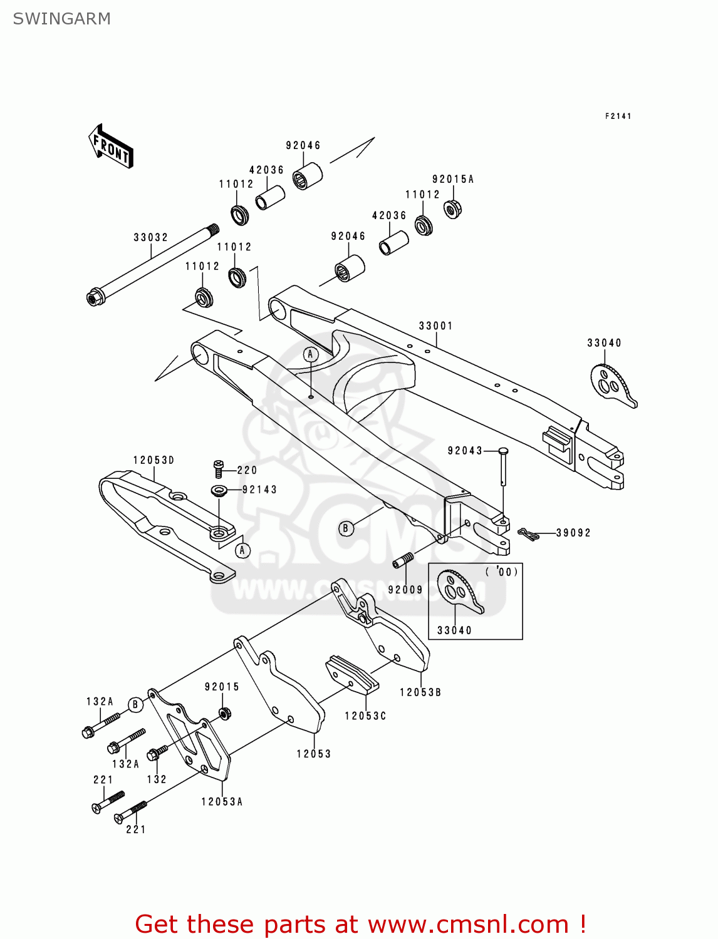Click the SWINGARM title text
click(61, 19)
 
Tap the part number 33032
click(150, 237)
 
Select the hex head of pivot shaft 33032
click(95, 297)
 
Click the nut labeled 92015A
click(452, 208)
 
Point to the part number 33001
click(435, 326)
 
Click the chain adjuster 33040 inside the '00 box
click(459, 592)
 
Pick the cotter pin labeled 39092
click(528, 534)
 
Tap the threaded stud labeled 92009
click(403, 560)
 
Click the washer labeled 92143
click(219, 490)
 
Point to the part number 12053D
click(153, 460)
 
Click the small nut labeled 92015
click(223, 712)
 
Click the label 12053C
click(365, 716)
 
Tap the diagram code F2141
click(618, 116)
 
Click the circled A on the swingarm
click(310, 354)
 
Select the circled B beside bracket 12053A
click(135, 705)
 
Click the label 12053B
click(420, 692)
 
